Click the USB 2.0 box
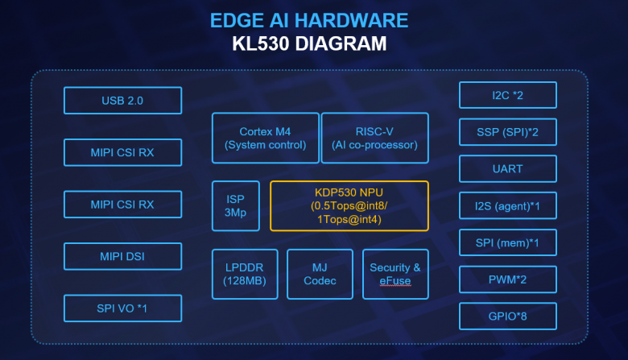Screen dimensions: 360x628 [122, 101]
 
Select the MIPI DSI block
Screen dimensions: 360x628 [122, 257]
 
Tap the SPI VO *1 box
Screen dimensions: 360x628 [122, 308]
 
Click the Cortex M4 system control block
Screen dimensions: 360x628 [265, 138]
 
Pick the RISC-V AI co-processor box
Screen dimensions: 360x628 [374, 138]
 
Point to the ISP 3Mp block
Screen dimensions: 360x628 [236, 205]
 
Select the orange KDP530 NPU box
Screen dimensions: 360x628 [349, 205]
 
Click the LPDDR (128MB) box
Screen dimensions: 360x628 [244, 274]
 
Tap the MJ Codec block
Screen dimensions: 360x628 [320, 274]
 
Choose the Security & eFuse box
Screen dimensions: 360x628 [395, 274]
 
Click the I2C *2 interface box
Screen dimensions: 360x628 [507, 95]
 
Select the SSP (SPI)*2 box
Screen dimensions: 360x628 [507, 131]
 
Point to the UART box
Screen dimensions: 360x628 [507, 169]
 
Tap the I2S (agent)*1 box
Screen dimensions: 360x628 [507, 205]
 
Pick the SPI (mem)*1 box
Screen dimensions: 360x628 [507, 242]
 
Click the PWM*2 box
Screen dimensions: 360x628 [507, 279]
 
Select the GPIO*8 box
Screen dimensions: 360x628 [507, 317]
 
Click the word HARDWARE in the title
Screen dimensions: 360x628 [358, 21]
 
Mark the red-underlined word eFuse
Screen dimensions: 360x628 [395, 281]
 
